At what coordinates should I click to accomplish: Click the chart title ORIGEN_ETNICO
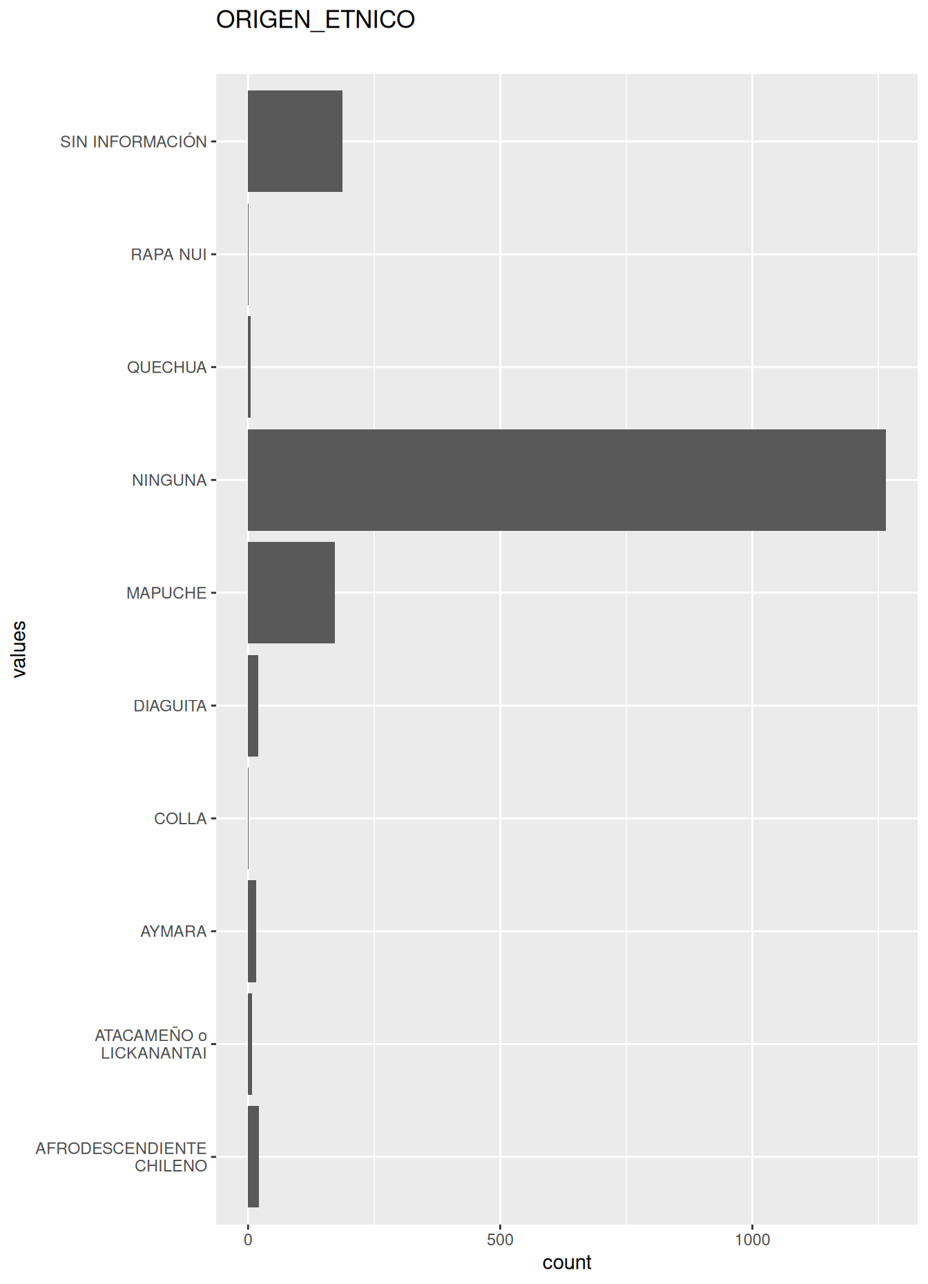(315, 19)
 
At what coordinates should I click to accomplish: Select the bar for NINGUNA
(566, 480)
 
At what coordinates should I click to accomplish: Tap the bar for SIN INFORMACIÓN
(295, 141)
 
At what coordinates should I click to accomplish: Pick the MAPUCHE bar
(291, 592)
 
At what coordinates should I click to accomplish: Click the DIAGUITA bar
(253, 706)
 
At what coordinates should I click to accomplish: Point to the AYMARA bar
(252, 931)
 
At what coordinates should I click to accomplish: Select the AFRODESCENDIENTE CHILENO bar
(253, 1156)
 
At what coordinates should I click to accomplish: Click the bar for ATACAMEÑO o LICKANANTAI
(250, 1044)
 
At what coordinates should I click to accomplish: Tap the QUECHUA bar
(249, 367)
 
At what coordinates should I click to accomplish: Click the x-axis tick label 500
(500, 1240)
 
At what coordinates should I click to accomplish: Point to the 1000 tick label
(752, 1240)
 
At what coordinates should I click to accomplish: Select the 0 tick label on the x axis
(248, 1240)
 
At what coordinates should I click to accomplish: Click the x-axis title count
(567, 1263)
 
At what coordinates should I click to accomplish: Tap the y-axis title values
(19, 649)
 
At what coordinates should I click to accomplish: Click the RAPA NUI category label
(168, 255)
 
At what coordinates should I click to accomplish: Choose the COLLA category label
(180, 819)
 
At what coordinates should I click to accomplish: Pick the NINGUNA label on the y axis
(169, 480)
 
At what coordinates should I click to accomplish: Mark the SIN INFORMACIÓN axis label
(133, 142)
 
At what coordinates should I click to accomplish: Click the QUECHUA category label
(166, 367)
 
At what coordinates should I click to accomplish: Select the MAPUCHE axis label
(166, 593)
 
